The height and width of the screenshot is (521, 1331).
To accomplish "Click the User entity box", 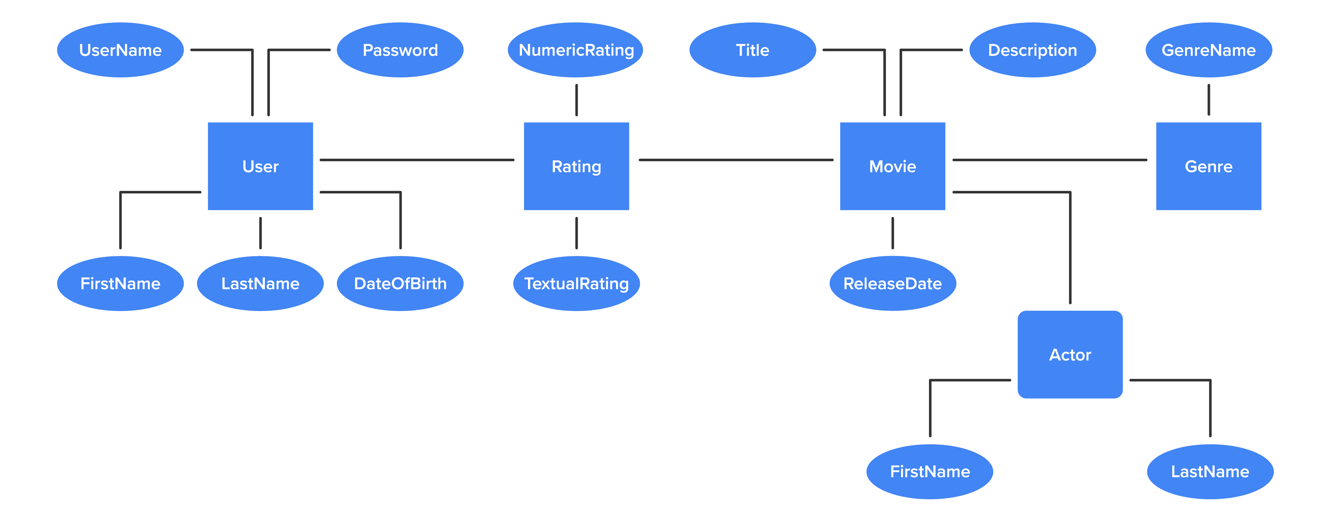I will click(260, 166).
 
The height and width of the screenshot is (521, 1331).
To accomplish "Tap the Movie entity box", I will click(892, 166).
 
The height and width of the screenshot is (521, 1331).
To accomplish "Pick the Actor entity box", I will click(1070, 355).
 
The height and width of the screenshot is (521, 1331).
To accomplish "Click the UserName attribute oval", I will click(120, 50).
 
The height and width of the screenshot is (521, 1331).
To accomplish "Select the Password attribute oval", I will click(400, 50).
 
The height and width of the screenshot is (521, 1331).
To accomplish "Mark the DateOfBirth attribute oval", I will click(400, 283).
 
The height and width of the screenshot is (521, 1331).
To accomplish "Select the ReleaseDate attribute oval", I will click(892, 283).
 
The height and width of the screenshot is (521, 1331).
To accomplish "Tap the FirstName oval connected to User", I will click(120, 283).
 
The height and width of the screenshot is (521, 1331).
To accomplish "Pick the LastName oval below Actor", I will click(1210, 471).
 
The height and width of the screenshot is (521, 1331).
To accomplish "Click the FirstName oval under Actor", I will click(930, 471).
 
